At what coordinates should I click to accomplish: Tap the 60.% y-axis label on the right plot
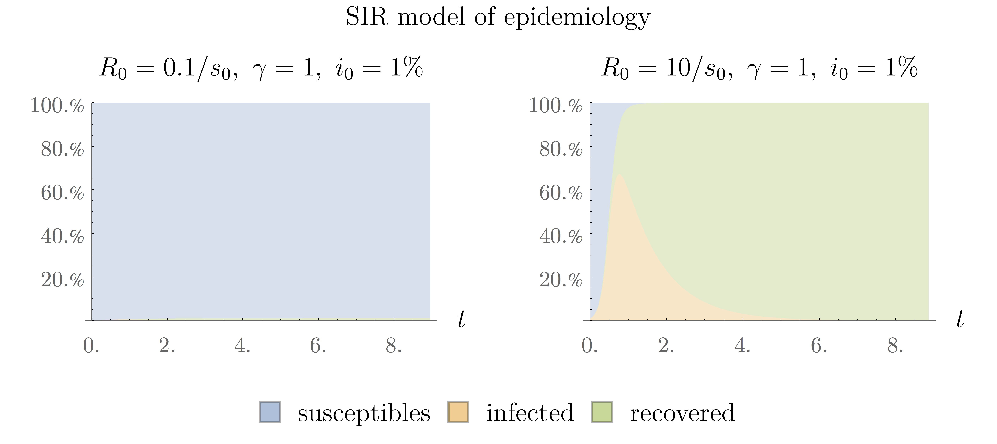pos(561,193)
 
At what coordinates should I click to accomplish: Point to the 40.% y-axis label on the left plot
pos(62,236)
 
